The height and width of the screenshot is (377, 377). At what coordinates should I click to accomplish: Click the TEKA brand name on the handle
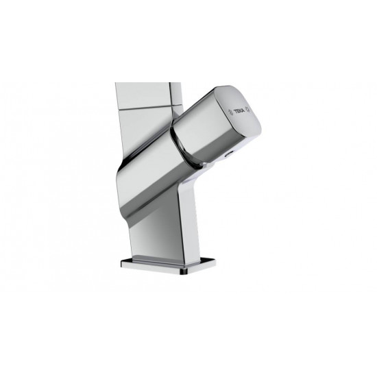(x=239, y=111)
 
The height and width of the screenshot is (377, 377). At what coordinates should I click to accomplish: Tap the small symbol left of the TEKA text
(x=230, y=112)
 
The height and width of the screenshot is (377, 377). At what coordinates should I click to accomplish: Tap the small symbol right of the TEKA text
(x=248, y=110)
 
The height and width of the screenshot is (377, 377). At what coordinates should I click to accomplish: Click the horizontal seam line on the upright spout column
(x=149, y=107)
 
